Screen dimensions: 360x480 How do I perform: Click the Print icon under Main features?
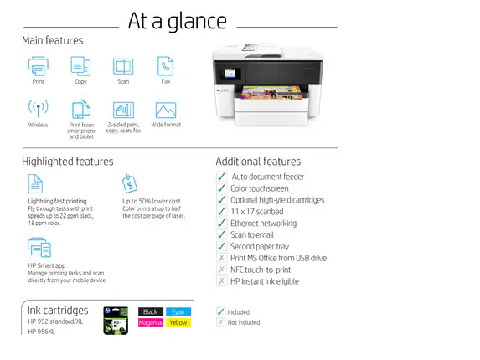39,66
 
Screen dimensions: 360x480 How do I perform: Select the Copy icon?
80,66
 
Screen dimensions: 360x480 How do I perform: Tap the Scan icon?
123,66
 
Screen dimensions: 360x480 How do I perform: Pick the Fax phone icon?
166,66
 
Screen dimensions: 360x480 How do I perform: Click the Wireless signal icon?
38,110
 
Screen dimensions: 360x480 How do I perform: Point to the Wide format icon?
166,110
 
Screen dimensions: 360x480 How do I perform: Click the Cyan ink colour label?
178,311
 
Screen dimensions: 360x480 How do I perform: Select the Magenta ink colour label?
151,322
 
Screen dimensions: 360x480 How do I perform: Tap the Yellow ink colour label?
178,322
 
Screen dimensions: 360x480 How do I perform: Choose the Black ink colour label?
151,311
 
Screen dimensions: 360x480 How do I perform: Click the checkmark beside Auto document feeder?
221,177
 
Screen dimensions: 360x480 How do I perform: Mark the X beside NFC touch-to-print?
221,270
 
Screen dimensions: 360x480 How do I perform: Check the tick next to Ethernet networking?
221,224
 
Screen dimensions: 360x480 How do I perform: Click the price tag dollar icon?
131,183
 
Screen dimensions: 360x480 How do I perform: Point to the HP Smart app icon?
39,247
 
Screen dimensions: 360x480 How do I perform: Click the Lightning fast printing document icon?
36,183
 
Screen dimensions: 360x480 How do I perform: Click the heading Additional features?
258,161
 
